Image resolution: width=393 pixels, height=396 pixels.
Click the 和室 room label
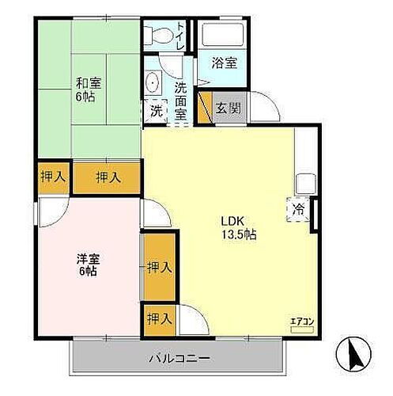coord(87,82)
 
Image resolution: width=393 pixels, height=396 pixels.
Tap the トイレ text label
coord(181,36)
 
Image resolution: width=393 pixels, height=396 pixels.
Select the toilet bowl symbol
coord(159,35)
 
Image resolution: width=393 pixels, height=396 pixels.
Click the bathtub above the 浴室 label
coord(224,35)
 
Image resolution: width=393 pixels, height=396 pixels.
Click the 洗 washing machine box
coord(156,110)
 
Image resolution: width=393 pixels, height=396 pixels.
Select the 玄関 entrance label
coord(229,109)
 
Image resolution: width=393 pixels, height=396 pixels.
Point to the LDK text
coord(232,221)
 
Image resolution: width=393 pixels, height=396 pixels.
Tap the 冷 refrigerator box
coord(299,210)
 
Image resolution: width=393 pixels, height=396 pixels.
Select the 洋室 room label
coord(87,258)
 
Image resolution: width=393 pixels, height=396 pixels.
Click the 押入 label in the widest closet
coord(108,177)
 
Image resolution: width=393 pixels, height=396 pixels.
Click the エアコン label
coord(302,321)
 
